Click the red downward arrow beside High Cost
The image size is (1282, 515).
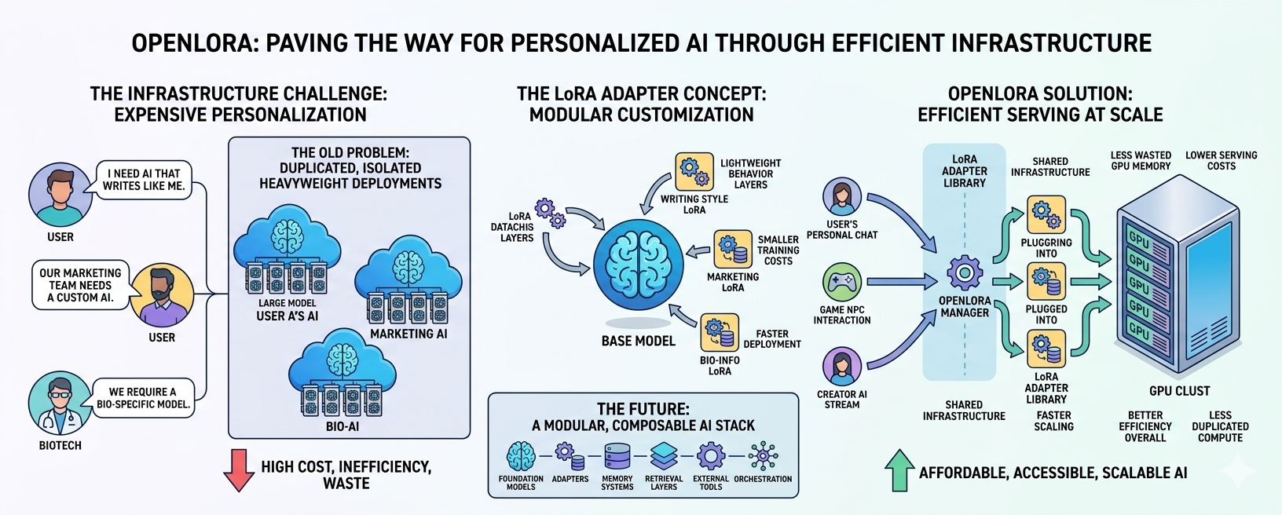click(x=239, y=470)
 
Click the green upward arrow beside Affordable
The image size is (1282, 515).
click(x=899, y=470)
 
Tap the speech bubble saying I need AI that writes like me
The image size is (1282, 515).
click(x=143, y=180)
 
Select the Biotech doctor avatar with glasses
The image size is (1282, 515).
click(x=60, y=403)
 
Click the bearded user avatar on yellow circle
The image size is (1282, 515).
click(x=161, y=295)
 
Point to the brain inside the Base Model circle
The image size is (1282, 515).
click(x=638, y=264)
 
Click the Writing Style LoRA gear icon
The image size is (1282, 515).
click(x=694, y=171)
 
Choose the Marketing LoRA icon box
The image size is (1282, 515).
click(x=733, y=249)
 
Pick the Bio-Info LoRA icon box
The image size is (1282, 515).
click(x=720, y=332)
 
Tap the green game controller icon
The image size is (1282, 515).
click(x=842, y=282)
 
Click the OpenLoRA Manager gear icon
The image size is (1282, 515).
click(x=965, y=273)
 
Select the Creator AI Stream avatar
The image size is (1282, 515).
click(x=842, y=366)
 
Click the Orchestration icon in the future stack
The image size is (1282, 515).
click(x=762, y=456)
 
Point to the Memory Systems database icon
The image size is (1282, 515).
click(x=617, y=456)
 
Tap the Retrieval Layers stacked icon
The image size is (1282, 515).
click(x=664, y=456)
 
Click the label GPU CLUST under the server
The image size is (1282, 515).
click(x=1180, y=392)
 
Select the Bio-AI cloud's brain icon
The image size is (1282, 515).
click(x=342, y=360)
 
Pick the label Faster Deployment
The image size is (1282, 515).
click(x=772, y=339)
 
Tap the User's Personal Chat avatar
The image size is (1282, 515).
click(x=842, y=196)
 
